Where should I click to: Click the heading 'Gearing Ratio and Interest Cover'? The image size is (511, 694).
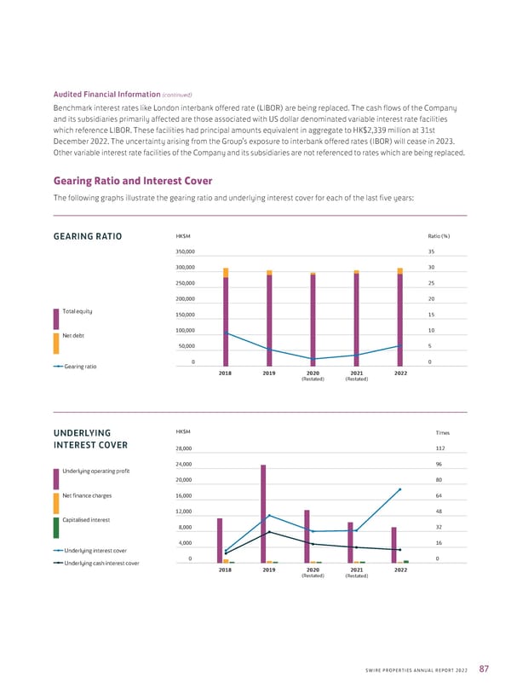click(132, 181)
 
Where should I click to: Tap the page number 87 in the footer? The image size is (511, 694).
click(485, 668)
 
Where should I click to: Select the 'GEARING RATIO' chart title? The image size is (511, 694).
click(88, 236)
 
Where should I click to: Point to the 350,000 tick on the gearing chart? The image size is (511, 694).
click(185, 252)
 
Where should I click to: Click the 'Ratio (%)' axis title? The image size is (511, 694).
click(437, 236)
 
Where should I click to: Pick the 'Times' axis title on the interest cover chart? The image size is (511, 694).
click(441, 432)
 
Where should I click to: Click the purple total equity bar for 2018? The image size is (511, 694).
click(226, 320)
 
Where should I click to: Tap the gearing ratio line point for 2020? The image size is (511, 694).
click(313, 359)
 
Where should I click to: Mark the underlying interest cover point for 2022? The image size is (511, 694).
click(400, 489)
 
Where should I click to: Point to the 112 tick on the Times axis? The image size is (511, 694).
click(439, 448)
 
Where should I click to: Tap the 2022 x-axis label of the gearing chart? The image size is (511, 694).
click(400, 373)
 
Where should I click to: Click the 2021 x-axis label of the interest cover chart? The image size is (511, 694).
click(357, 570)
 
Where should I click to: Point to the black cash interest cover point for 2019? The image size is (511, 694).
click(269, 532)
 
